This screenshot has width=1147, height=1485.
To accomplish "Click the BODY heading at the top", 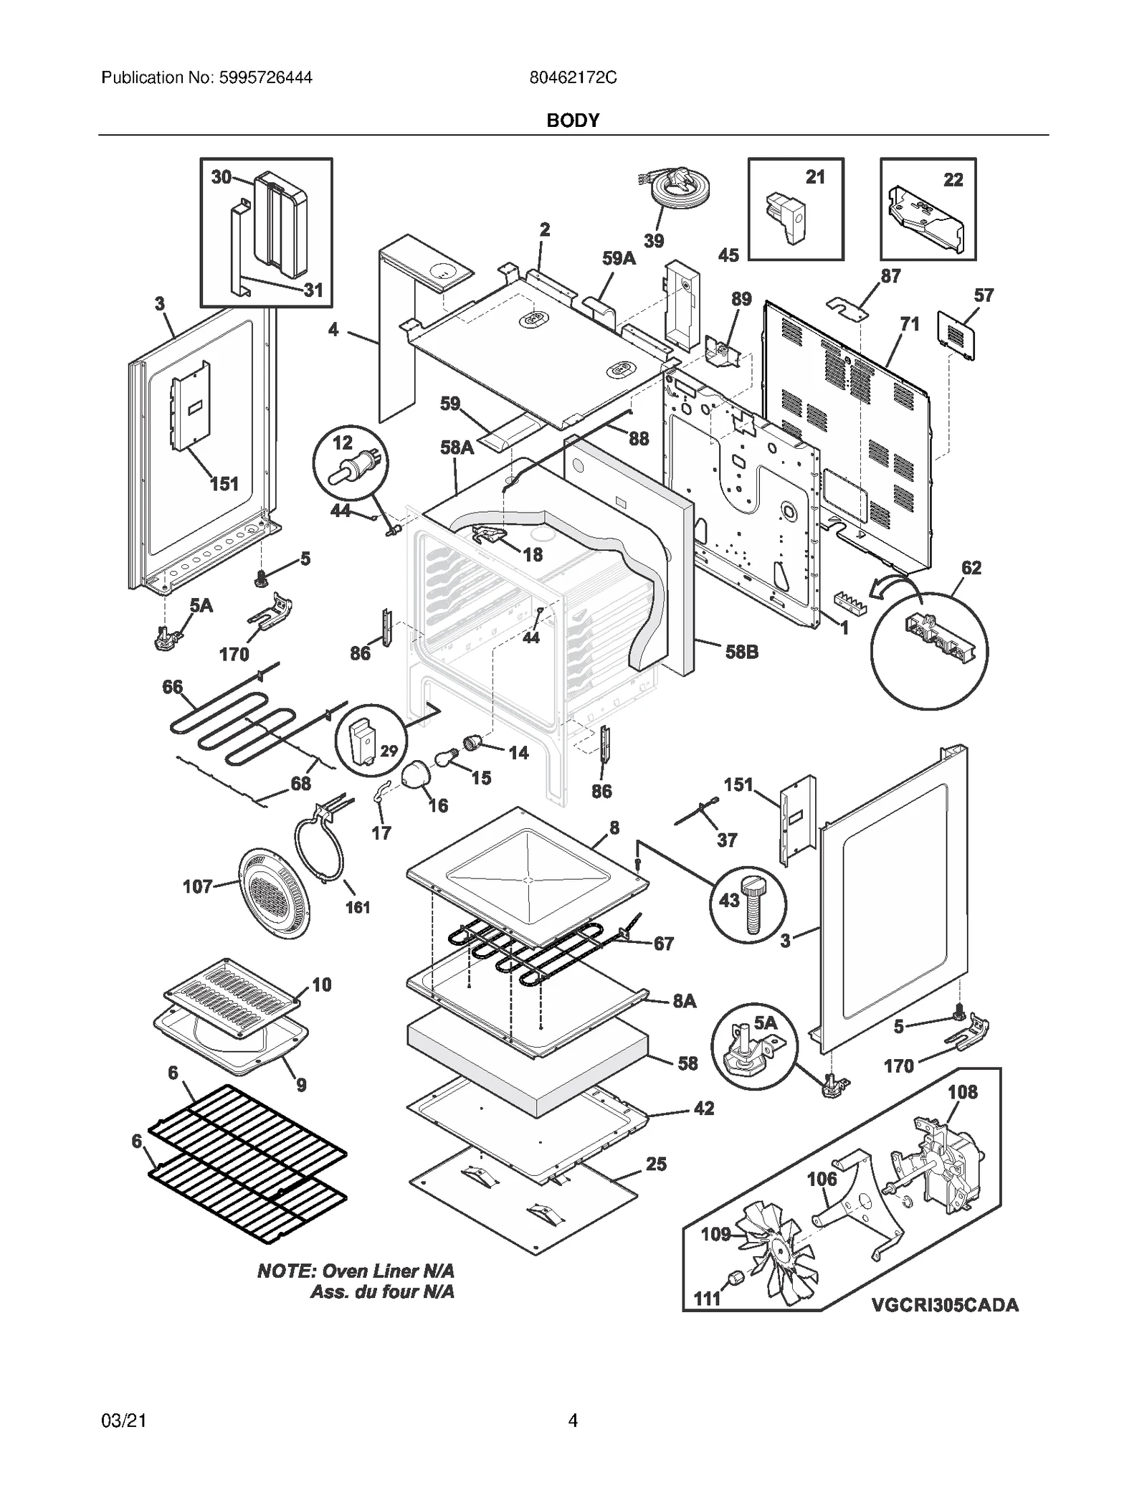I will [573, 120].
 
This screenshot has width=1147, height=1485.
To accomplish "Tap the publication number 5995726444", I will [262, 77].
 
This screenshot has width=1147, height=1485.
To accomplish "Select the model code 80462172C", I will [573, 77].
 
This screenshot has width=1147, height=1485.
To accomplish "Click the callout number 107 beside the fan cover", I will [197, 887].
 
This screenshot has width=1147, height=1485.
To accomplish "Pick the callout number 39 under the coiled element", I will [653, 241].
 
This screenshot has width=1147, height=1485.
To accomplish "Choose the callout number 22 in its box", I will [953, 179].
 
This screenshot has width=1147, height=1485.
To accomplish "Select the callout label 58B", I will [741, 652].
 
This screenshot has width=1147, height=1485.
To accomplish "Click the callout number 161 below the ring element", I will [358, 908].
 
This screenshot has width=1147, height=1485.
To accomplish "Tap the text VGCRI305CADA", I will [945, 1305].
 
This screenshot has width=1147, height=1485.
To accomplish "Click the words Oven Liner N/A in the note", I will [388, 1271].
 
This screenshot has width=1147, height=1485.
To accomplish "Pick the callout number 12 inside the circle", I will [343, 443].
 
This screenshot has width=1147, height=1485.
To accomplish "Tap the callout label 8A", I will [684, 1001].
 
